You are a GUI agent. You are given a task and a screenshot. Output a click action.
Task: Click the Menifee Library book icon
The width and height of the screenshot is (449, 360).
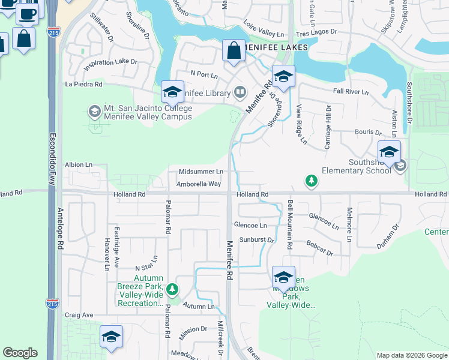(240, 92)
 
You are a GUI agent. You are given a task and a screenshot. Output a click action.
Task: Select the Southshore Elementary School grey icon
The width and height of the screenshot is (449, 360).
(400, 165)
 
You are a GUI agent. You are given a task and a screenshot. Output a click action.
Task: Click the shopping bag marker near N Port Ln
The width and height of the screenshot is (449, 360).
(234, 52)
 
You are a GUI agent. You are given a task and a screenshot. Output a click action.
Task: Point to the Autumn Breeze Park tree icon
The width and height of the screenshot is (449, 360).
(173, 290)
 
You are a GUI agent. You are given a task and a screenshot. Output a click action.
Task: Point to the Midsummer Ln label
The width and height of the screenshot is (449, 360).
(200, 172)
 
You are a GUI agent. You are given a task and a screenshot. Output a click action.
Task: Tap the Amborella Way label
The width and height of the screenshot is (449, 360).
(199, 184)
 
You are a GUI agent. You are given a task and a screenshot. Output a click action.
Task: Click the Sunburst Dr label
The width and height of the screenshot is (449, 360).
(256, 239)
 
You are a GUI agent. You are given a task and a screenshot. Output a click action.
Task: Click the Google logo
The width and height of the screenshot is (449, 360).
(20, 353)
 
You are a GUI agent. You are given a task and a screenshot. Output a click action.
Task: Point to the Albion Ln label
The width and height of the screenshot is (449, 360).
(79, 164)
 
